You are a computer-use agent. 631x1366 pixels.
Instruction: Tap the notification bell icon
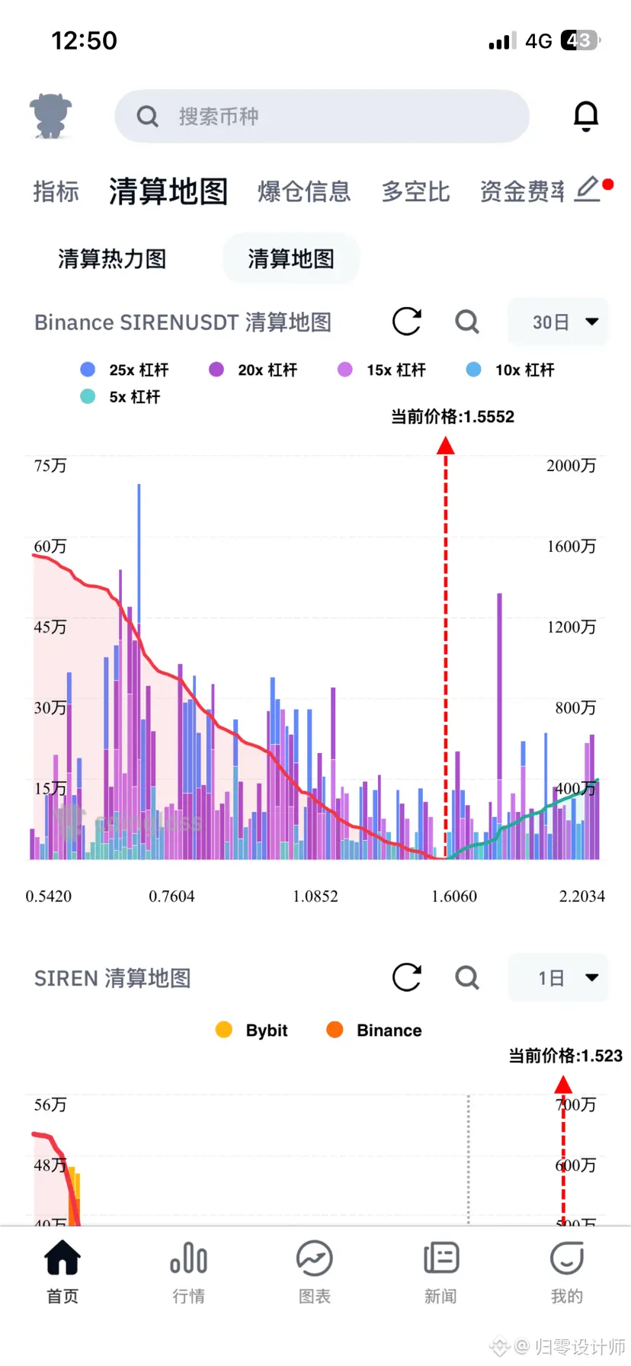(585, 116)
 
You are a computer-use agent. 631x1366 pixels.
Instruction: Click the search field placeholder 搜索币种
(219, 117)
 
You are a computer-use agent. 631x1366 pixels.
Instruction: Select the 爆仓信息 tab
(304, 191)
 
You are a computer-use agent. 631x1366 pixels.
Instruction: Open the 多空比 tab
(415, 191)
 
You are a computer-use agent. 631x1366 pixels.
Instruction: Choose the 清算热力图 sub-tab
(112, 259)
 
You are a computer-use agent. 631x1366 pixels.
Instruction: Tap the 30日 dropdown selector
(558, 322)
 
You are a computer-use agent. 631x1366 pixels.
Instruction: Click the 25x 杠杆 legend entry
(125, 370)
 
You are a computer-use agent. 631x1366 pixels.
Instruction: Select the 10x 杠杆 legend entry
(511, 370)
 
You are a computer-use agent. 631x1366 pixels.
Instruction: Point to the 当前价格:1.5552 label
(453, 416)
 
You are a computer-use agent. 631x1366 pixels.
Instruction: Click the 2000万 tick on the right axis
(571, 466)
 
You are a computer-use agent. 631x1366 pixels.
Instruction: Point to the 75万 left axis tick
(50, 466)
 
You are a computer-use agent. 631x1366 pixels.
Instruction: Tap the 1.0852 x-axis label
(315, 896)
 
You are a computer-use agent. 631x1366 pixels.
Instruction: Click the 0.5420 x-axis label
(49, 896)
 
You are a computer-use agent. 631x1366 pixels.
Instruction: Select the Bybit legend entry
(252, 1031)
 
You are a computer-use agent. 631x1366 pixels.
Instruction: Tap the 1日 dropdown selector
(558, 978)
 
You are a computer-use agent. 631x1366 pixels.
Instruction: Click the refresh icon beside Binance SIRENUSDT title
(407, 322)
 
